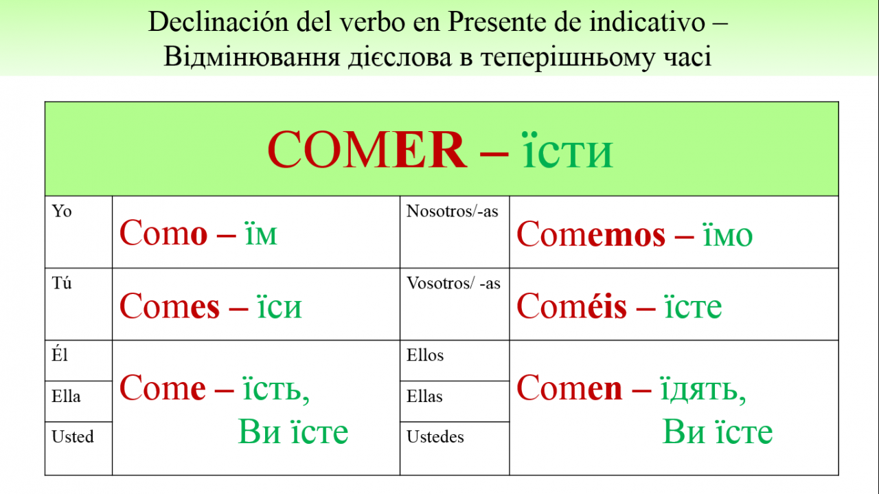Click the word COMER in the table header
click(367, 150)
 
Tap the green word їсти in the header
click(567, 150)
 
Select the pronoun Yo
click(62, 211)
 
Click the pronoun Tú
click(62, 283)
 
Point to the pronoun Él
click(60, 355)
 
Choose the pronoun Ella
click(66, 396)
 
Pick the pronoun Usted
click(73, 437)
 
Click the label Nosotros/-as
click(452, 211)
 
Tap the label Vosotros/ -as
click(453, 283)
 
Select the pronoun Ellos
click(425, 355)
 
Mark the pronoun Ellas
click(424, 396)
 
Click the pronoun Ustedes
click(435, 437)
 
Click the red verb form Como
click(163, 233)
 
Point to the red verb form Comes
click(170, 306)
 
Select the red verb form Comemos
click(591, 234)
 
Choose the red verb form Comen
click(569, 388)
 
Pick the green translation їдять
click(703, 389)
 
